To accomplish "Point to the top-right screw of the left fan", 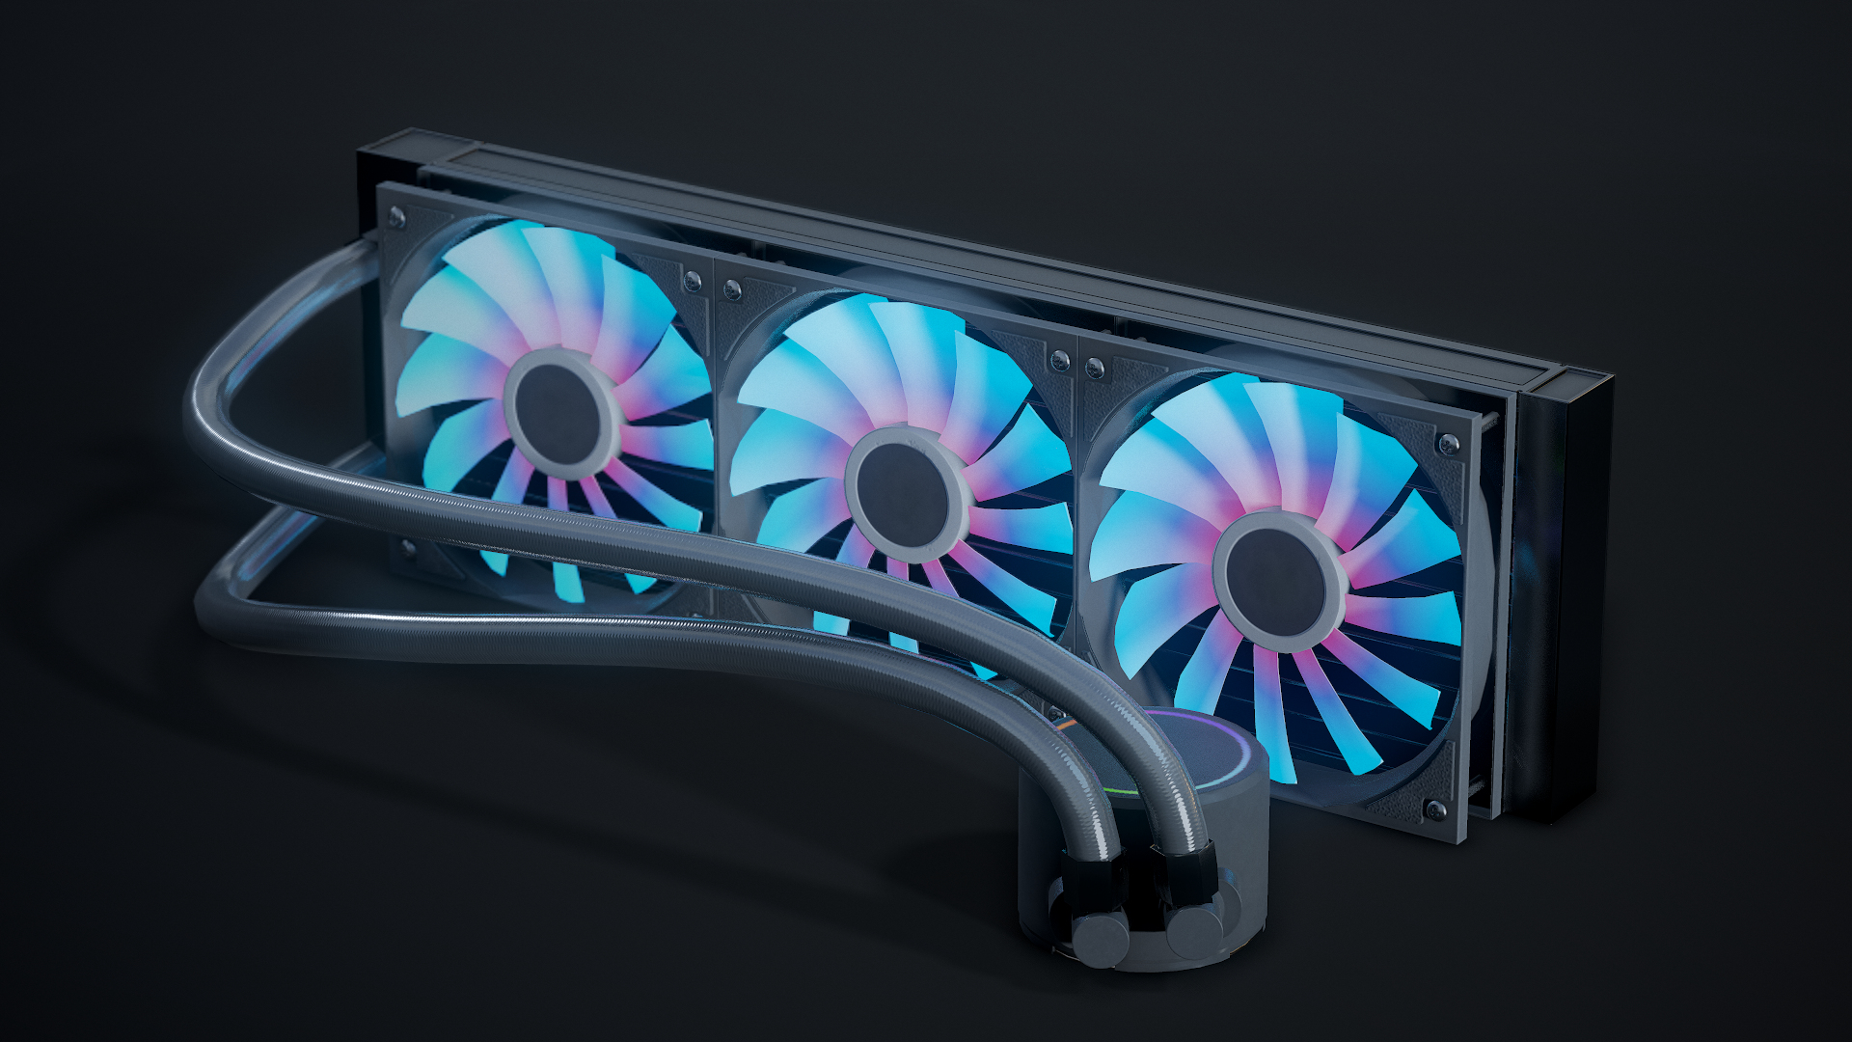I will pyautogui.click(x=692, y=282).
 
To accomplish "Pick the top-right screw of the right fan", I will pyautogui.click(x=1448, y=445).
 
